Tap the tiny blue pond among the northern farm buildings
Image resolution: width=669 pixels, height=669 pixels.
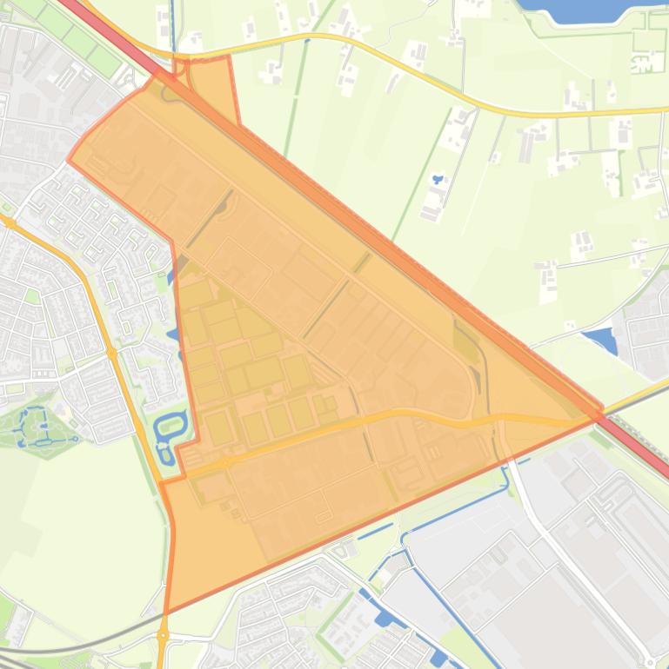pyautogui.click(x=437, y=180)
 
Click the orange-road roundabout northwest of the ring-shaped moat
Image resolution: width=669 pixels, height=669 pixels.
pyautogui.click(x=112, y=353)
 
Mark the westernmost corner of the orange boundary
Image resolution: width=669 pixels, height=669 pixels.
pyautogui.click(x=69, y=160)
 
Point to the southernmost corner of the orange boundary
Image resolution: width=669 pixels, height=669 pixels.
pyautogui.click(x=166, y=612)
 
